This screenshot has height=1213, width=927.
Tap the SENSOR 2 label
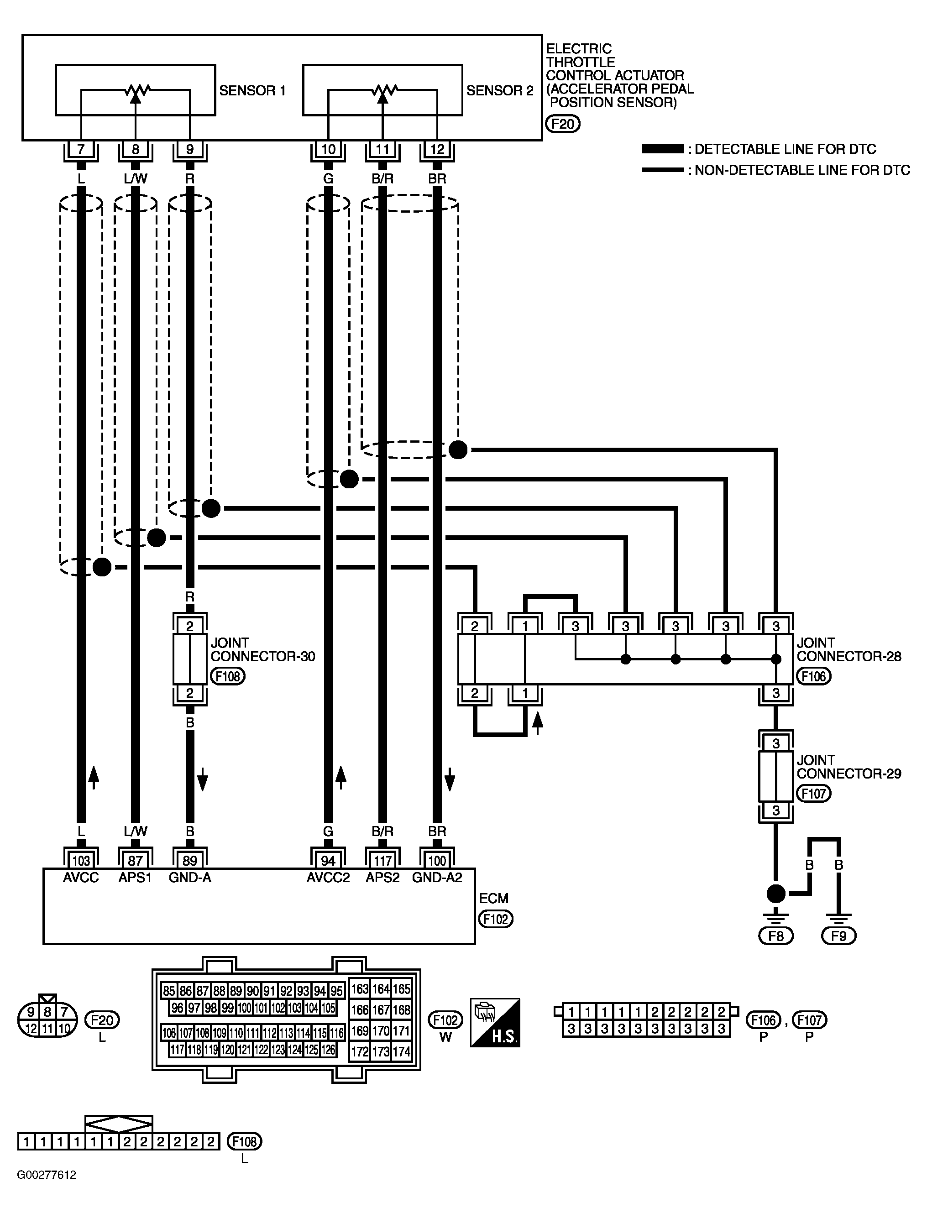click(x=500, y=90)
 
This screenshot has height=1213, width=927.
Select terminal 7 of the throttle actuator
click(x=81, y=149)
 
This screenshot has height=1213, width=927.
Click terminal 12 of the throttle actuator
click(x=437, y=149)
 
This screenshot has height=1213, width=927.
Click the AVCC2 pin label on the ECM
click(x=328, y=878)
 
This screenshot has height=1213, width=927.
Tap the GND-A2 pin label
click(x=437, y=878)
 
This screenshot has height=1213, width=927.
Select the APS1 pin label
click(x=135, y=878)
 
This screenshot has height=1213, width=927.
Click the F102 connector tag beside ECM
click(x=496, y=919)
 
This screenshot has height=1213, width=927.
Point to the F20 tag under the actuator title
click(x=563, y=124)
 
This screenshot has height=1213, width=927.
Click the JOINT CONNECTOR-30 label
click(x=262, y=650)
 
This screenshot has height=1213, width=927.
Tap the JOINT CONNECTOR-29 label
click(x=848, y=767)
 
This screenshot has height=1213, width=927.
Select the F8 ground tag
click(x=776, y=936)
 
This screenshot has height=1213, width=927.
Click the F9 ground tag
click(x=839, y=936)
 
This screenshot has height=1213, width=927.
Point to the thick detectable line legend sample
click(x=663, y=149)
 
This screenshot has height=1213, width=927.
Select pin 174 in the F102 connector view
click(x=402, y=1051)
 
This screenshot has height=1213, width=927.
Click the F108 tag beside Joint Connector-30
click(x=227, y=676)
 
